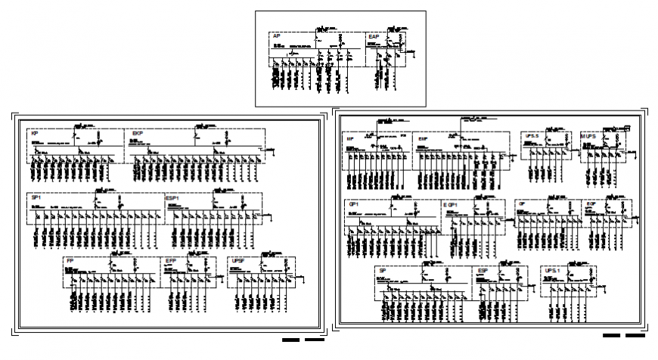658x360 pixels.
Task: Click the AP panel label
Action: pos(277,36)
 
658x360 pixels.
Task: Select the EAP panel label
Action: pos(374,36)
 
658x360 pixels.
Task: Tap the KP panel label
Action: pos(35,134)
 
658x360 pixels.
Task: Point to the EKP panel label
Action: pos(138,134)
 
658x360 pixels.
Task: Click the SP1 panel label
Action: pos(36,197)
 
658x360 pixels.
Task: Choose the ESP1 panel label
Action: pos(173,197)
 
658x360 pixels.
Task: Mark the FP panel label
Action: pos(70,261)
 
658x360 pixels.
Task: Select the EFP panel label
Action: pos(171,261)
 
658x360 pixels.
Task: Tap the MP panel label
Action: pos(351,140)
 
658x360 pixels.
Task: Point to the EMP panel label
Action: pos(423,140)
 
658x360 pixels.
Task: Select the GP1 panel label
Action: pos(353,204)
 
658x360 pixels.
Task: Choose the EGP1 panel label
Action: pos(451,204)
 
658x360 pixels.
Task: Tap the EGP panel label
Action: pos(591,204)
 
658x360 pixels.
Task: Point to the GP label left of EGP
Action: pos(522,204)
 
